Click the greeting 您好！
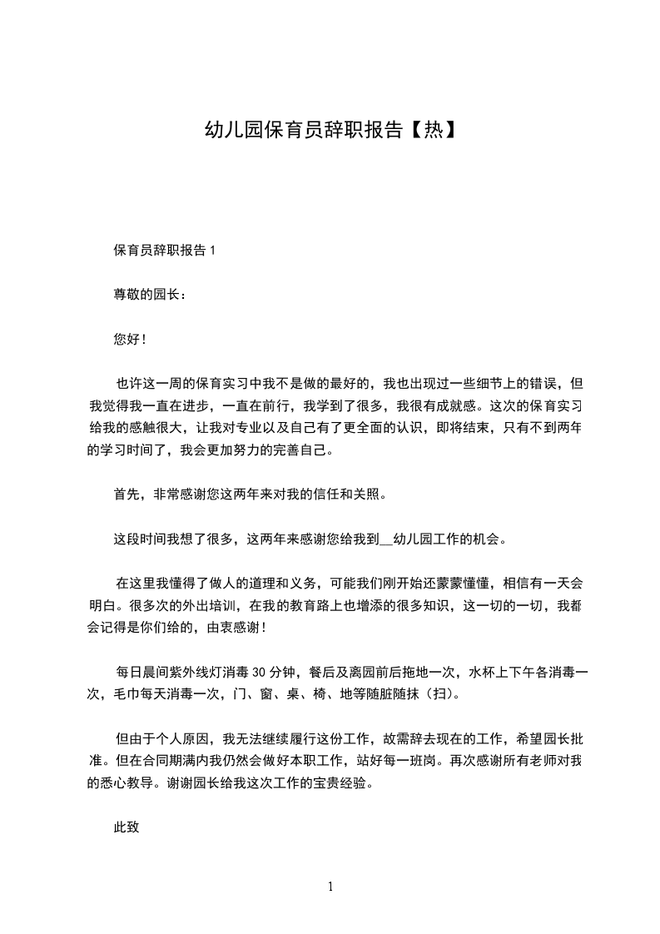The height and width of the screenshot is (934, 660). click(x=130, y=339)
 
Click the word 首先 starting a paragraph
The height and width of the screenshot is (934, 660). click(x=126, y=494)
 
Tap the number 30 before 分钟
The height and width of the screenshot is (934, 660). click(x=258, y=673)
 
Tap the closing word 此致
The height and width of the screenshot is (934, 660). click(x=126, y=828)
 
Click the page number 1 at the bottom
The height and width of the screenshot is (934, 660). click(x=330, y=887)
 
